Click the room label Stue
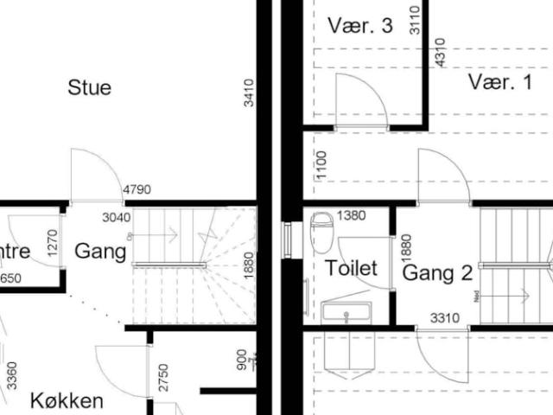89,87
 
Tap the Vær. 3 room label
360,25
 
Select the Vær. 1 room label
501,82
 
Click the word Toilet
351,268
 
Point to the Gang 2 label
437,274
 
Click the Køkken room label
67,400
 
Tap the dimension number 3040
118,216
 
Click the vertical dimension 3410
249,93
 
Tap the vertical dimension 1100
321,164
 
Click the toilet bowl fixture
321,231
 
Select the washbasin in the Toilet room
346,311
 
